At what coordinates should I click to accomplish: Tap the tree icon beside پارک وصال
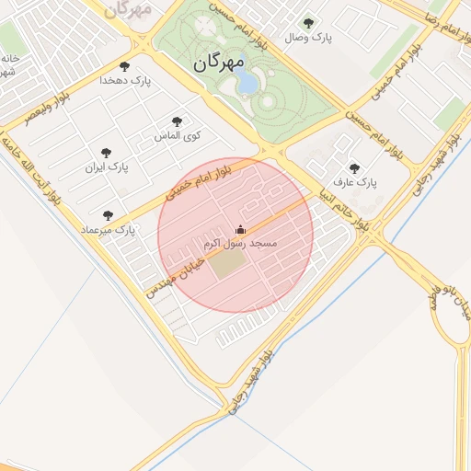(307, 24)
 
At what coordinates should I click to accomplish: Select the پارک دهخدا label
(126, 81)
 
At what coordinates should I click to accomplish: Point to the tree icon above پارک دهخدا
(125, 66)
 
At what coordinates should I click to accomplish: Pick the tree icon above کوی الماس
(177, 121)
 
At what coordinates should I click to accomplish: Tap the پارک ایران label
(107, 167)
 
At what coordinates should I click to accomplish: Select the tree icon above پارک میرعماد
(108, 215)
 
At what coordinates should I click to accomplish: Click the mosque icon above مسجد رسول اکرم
(240, 230)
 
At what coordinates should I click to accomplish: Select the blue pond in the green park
(247, 84)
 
